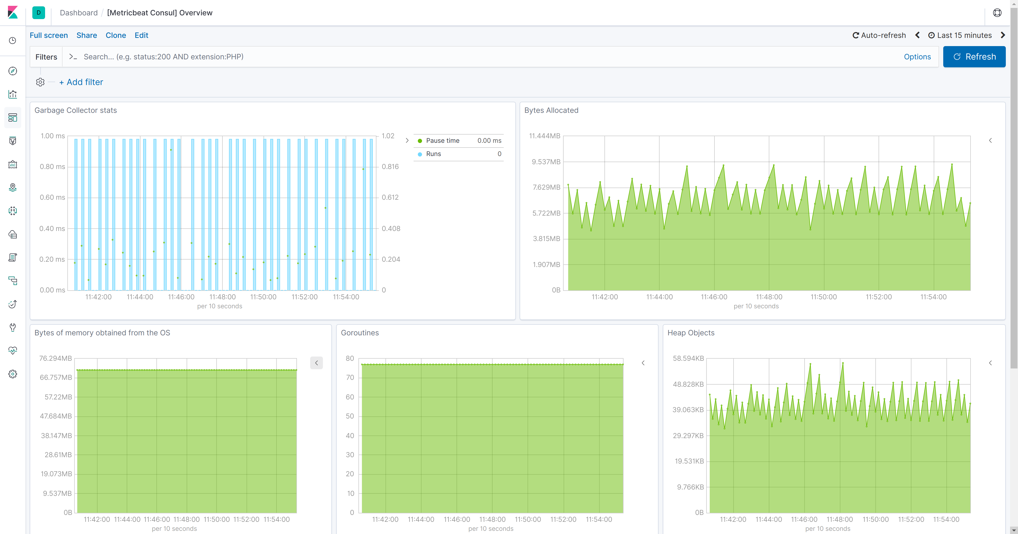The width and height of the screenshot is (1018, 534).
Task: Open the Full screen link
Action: coord(49,35)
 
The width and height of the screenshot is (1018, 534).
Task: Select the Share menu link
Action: coord(86,35)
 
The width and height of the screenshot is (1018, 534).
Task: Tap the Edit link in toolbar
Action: coord(141,35)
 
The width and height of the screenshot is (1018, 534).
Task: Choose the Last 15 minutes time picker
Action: coord(960,35)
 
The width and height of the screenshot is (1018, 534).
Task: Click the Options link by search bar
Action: coord(917,57)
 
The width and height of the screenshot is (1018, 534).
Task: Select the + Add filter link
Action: coord(81,82)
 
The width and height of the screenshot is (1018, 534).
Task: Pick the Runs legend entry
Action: coord(433,154)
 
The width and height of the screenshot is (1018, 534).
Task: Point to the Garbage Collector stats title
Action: coord(76,110)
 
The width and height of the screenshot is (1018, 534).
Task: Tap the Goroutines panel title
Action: coord(360,333)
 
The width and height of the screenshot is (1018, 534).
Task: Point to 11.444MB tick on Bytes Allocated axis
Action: coord(544,136)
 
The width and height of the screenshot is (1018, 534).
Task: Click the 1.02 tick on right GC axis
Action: coord(388,136)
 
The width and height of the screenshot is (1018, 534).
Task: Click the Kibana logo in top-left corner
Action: coord(13,13)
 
